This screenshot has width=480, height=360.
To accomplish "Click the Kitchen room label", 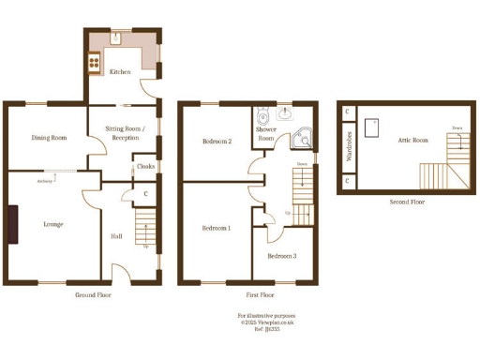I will pos(119,72).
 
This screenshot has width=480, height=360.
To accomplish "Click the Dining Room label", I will pos(48,138).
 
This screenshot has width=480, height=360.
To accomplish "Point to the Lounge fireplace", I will pos(13,224).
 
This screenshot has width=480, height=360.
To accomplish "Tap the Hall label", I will pos(116,236).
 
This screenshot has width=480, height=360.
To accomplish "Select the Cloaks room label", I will pos(145,167).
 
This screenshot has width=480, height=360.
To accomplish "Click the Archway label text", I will pos(45,181).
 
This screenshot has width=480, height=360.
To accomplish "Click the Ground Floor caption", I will pos(93,294).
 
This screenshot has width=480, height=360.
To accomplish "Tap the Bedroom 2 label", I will pos(217,142).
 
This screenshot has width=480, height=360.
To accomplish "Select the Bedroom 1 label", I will pos(217,228).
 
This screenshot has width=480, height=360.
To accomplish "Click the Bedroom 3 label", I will pos(281,256).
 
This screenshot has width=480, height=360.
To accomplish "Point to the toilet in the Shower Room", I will pos(262,117).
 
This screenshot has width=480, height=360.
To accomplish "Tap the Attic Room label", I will pos(412,139).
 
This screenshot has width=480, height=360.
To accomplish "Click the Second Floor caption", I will pos(407,202).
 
